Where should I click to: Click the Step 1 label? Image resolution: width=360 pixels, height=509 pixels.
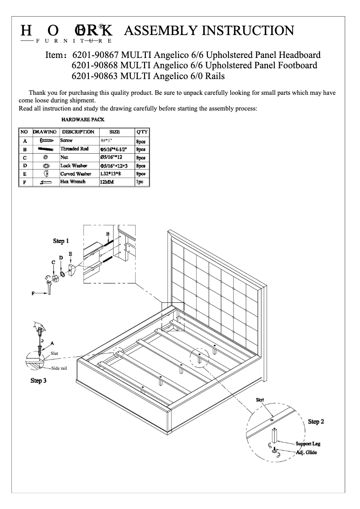(61, 241)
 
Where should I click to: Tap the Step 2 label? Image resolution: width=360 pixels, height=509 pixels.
(316, 421)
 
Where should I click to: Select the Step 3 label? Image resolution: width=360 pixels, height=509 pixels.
(39, 381)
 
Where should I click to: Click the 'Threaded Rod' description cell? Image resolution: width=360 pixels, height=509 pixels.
(75, 149)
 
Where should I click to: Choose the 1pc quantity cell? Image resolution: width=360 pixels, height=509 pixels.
(140, 182)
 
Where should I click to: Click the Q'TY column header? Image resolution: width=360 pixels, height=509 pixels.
(141, 132)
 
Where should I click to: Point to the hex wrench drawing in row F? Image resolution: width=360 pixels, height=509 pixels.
(45, 182)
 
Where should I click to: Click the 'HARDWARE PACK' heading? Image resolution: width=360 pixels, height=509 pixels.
(83, 120)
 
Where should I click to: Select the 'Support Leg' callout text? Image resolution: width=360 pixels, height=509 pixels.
(308, 444)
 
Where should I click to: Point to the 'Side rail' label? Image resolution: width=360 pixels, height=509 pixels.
(59, 368)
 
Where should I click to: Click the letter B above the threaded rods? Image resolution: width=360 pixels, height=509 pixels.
(108, 234)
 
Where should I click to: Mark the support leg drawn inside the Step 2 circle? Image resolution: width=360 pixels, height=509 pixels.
(273, 435)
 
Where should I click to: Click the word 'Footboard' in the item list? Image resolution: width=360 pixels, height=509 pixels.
(297, 66)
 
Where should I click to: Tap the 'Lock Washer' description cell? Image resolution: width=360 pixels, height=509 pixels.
(75, 166)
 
